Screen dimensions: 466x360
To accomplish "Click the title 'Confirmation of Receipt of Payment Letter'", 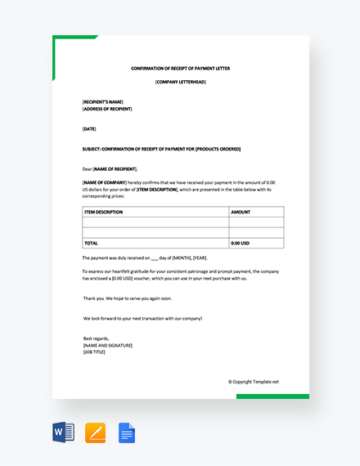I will point(181,69).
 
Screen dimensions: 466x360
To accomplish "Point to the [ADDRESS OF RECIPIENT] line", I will point(107,109).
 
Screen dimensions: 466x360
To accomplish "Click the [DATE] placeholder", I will point(89,129).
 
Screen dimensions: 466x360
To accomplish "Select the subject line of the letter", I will point(161,149).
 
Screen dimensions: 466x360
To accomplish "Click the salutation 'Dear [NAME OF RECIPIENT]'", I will point(115,168).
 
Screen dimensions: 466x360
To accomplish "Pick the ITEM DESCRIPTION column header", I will point(103,212).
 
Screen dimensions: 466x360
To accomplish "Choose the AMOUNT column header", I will point(241,212).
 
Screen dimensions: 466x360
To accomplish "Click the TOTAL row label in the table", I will point(91,244).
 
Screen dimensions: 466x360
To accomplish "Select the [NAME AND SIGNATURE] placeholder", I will point(108,345).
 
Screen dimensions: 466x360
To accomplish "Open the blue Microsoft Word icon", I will point(64,432).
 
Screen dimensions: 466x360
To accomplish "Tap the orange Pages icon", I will point(96,432).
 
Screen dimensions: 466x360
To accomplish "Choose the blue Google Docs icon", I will point(127,432).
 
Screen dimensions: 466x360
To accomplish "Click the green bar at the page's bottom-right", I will point(272,397).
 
